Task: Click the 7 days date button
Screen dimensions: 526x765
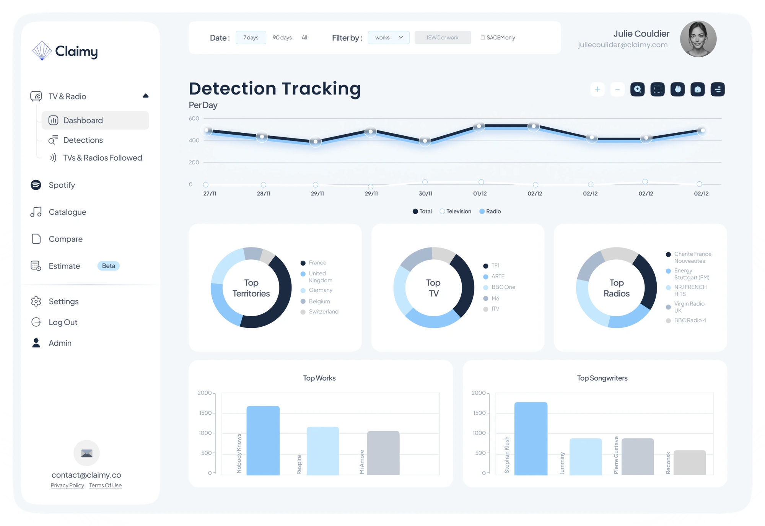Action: [251, 37]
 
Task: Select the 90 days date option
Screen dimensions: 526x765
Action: [282, 37]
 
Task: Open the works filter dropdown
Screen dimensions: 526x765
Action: [389, 37]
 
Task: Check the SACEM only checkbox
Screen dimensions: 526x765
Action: [483, 37]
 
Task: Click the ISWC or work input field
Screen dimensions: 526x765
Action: [443, 37]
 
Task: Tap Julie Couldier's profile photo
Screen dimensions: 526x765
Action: [698, 39]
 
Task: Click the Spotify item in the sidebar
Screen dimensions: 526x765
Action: [62, 185]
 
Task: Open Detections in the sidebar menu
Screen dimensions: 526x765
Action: [83, 140]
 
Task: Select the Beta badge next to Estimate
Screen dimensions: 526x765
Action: [108, 266]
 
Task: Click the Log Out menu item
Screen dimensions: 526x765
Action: [63, 322]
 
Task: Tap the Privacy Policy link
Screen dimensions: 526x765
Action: [67, 485]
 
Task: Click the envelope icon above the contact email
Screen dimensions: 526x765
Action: [87, 453]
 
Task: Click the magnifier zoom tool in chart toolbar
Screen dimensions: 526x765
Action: [637, 90]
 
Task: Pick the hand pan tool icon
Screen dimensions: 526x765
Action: [677, 90]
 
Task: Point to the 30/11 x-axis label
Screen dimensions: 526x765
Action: [425, 194]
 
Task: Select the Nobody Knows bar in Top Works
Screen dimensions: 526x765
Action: [263, 440]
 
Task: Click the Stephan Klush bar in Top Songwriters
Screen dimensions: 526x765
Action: [531, 438]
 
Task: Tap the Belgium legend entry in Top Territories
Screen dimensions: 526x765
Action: [319, 301]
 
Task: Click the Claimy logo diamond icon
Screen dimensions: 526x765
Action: [42, 51]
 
